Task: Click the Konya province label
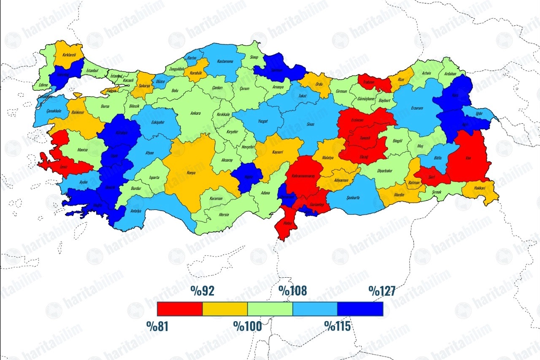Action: [x=191, y=173]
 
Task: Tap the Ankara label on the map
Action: [x=195, y=113]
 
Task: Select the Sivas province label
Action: [x=310, y=125]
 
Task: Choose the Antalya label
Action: [x=136, y=211]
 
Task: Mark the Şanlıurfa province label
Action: [x=353, y=198]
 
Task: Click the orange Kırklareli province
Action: [x=68, y=55]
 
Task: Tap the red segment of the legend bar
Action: [x=180, y=309]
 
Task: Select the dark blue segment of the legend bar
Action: [x=360, y=309]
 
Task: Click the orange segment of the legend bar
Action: [x=225, y=309]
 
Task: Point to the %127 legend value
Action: [x=382, y=291]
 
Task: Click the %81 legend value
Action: [x=157, y=326]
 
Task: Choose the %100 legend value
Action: [x=248, y=326]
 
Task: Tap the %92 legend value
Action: [x=202, y=291]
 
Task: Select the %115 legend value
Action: [x=337, y=326]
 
